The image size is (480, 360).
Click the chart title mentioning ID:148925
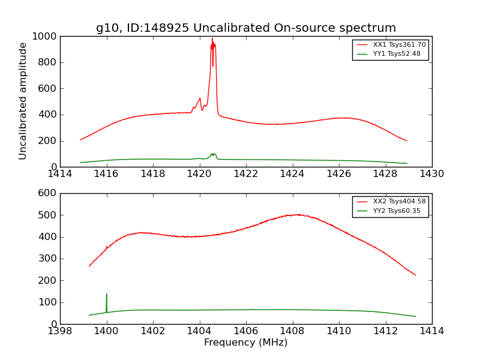[246, 28]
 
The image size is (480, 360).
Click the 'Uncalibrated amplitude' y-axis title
[23, 101]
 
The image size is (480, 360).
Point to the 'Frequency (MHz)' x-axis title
[246, 343]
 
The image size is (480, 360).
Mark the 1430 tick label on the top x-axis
[431, 174]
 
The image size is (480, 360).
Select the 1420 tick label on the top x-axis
[200, 174]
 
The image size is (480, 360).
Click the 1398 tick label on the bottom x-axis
[61, 331]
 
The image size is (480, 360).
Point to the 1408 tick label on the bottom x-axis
[293, 331]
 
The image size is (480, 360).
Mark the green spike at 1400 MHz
[107, 295]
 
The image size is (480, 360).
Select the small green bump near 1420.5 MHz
[213, 154]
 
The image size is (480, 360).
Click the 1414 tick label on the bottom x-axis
[431, 331]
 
